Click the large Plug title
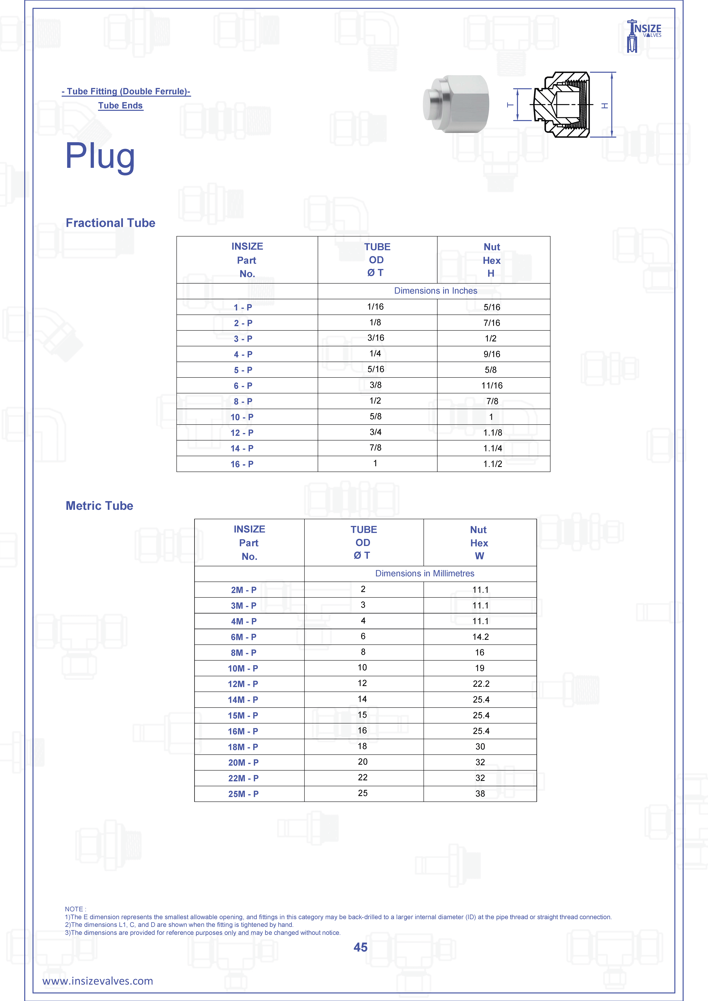[100, 156]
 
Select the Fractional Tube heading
[110, 223]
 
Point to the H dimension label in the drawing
[605, 105]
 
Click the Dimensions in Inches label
[435, 291]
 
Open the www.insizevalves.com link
[98, 981]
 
